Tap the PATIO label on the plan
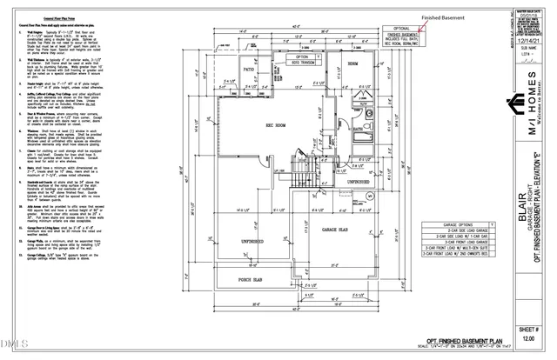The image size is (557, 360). click(247, 68)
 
